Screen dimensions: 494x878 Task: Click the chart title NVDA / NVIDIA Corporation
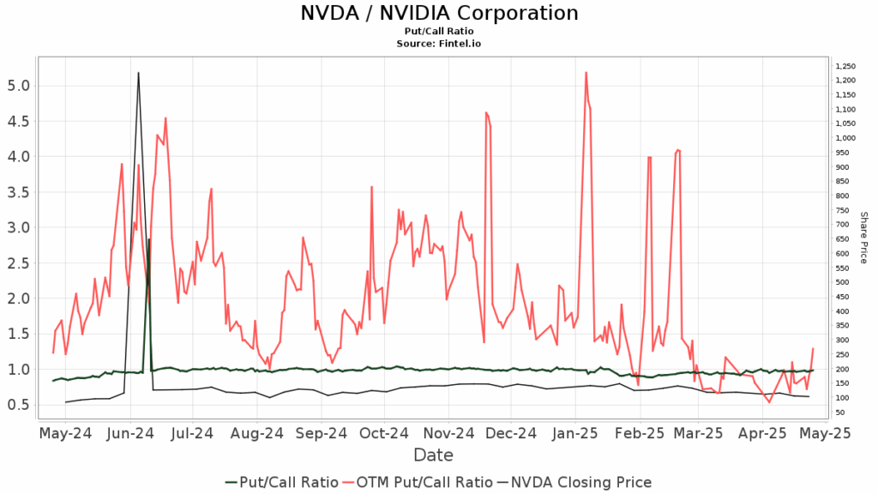(439, 14)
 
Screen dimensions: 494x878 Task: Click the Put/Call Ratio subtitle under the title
(439, 31)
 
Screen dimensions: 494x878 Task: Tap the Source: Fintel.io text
(439, 42)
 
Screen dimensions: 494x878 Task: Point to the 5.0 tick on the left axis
(19, 86)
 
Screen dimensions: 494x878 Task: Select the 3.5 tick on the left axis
(19, 192)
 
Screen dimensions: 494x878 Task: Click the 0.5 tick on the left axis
(19, 405)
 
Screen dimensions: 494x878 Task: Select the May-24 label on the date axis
(65, 434)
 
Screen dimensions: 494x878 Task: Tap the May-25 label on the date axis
(824, 434)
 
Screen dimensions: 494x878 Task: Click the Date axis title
(433, 455)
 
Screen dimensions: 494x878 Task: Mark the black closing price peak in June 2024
(138, 73)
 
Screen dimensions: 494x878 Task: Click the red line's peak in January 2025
(586, 72)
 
